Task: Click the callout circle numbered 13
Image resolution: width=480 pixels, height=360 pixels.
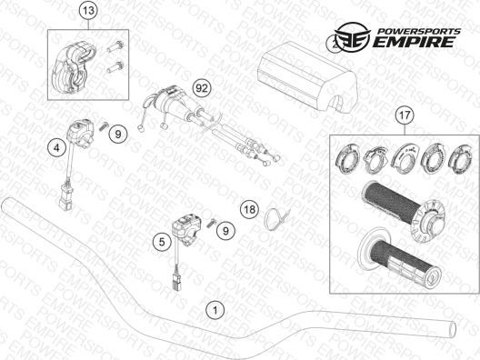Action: (88, 11)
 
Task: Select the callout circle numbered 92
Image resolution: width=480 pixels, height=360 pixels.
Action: (202, 88)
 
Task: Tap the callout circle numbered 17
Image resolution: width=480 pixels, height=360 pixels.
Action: (405, 115)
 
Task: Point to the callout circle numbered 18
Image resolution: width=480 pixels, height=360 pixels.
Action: (249, 210)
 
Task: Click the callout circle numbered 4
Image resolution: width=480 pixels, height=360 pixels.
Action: (56, 148)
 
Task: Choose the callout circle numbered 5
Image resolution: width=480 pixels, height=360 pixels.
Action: (162, 242)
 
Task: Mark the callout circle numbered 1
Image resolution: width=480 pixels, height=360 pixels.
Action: (215, 310)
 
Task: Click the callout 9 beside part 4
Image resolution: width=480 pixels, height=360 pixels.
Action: (118, 134)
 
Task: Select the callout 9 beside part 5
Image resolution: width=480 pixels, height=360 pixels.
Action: (225, 230)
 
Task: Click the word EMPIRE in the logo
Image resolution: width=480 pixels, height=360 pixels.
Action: (414, 42)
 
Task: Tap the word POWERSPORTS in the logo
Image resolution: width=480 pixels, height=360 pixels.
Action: (418, 31)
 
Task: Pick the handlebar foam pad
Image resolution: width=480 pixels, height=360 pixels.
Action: (307, 78)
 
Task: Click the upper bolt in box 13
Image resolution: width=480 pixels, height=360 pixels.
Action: (115, 47)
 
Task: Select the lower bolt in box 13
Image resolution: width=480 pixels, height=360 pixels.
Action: (115, 67)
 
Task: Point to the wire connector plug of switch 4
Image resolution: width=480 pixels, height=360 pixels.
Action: (65, 195)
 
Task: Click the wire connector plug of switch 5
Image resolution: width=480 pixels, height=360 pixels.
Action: (176, 279)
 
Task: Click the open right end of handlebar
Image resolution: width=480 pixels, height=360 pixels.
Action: (452, 329)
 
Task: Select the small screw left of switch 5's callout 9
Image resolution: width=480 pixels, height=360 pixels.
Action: (211, 223)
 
